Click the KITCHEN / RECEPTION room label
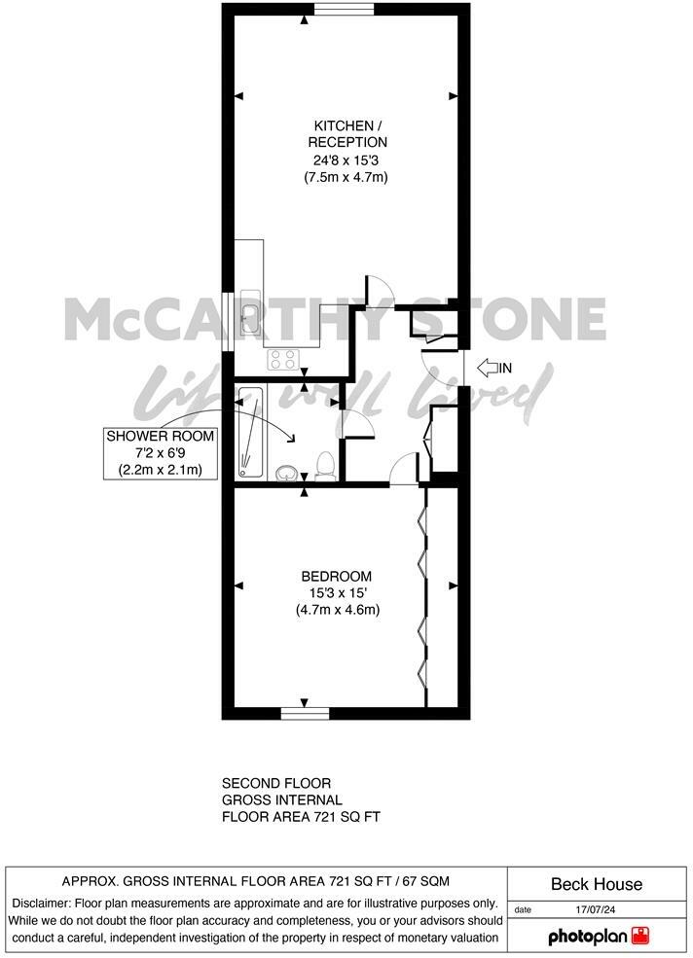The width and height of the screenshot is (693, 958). (341, 134)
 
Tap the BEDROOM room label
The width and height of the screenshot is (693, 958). (336, 576)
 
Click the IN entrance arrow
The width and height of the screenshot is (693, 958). (494, 368)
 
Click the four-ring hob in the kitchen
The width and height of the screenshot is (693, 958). (282, 359)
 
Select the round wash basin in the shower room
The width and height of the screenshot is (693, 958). (287, 473)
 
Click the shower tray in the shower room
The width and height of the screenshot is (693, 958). (249, 432)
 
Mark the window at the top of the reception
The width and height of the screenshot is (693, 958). (343, 10)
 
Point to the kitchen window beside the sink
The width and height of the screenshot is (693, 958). (228, 321)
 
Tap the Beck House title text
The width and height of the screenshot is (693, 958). (597, 884)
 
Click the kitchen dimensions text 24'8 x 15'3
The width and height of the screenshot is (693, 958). (341, 160)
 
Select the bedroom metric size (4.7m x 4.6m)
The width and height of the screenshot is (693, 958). (337, 610)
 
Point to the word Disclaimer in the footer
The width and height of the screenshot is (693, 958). (43, 903)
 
